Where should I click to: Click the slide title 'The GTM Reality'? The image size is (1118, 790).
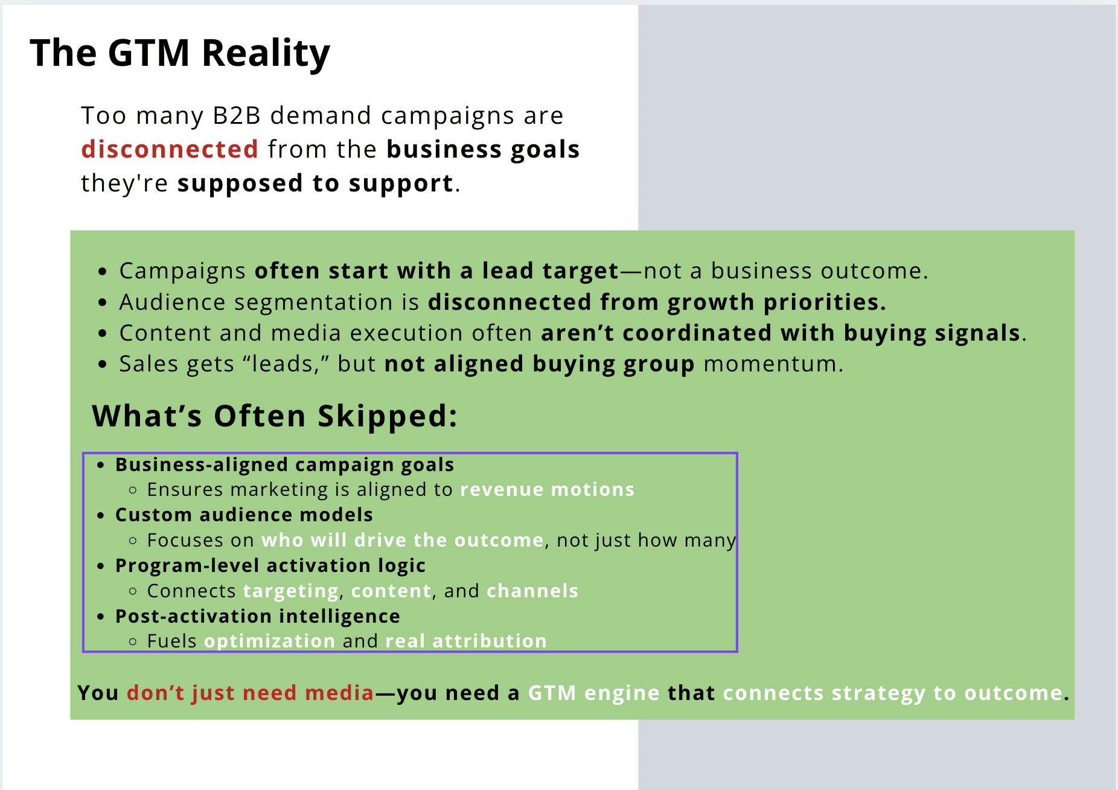[x=180, y=53]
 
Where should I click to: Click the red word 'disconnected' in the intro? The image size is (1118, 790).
[x=170, y=149]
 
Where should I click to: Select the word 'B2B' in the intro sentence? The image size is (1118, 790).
[x=237, y=115]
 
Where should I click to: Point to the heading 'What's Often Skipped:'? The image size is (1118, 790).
[x=275, y=416]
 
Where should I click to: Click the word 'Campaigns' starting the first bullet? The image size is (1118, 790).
[x=182, y=272]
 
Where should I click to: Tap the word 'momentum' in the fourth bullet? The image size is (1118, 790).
[x=770, y=364]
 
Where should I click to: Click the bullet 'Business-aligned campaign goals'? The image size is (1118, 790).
[x=284, y=465]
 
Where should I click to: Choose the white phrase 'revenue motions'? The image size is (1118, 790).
[x=548, y=489]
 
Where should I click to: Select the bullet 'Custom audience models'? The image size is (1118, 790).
[x=244, y=515]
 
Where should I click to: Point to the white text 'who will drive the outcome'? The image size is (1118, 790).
[x=403, y=540]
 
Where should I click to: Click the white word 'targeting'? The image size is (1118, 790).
[x=291, y=591]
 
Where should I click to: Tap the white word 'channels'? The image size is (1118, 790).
[x=532, y=591]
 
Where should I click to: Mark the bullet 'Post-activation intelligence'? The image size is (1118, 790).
[x=258, y=616]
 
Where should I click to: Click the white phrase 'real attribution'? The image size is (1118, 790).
[x=466, y=641]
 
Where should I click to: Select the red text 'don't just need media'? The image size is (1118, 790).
[x=251, y=693]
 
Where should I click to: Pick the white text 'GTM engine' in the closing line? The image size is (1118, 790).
[x=594, y=693]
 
